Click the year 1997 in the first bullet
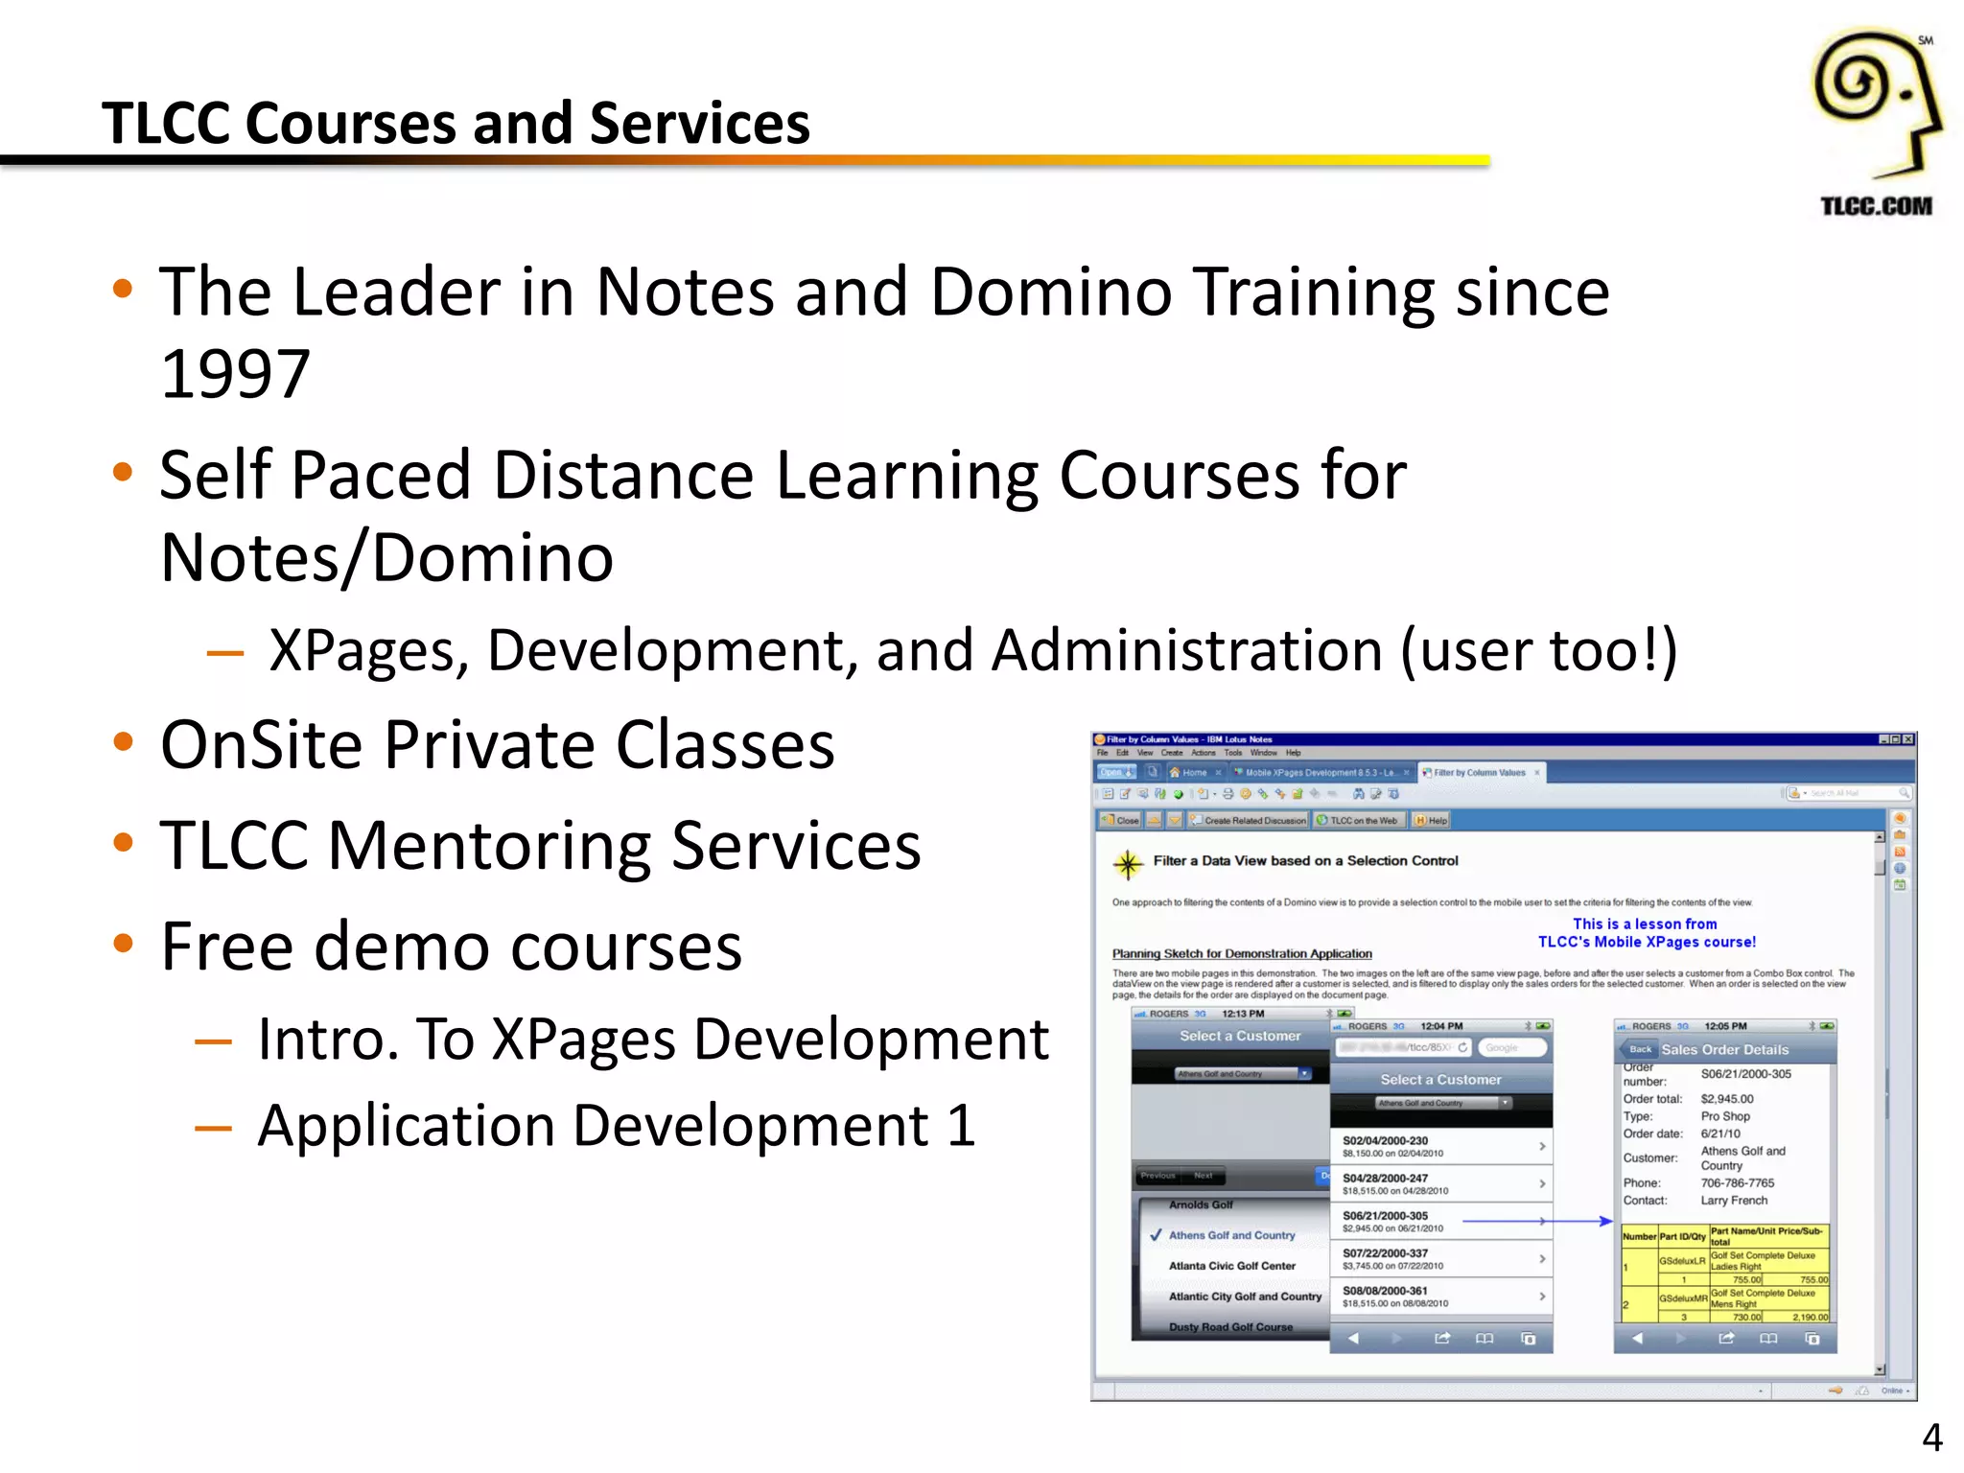[235, 373]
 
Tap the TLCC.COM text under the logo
[1876, 206]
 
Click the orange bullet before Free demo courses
[123, 944]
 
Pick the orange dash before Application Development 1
[213, 1128]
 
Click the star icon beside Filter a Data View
[1128, 864]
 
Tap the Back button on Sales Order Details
[1640, 1049]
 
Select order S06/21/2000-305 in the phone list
[1385, 1216]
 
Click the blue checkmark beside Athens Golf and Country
[1156, 1235]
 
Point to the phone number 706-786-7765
[1737, 1183]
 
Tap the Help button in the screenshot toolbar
[1432, 821]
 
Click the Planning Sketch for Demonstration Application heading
[1242, 954]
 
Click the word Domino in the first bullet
[1050, 292]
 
